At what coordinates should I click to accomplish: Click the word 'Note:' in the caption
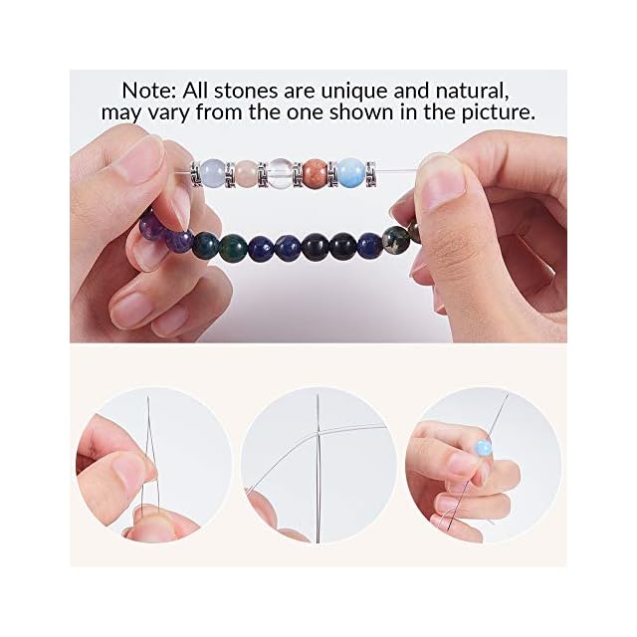tap(148, 91)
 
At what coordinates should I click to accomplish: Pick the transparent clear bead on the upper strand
tap(280, 172)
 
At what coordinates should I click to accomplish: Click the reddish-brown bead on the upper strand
tap(315, 172)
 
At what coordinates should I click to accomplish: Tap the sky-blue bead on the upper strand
tap(351, 172)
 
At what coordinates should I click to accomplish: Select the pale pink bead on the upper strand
tap(246, 173)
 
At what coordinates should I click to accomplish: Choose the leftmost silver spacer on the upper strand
tap(195, 174)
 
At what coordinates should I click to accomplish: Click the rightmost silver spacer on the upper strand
tap(370, 175)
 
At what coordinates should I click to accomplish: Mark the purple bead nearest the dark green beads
tap(178, 242)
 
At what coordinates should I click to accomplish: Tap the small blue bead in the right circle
tap(484, 448)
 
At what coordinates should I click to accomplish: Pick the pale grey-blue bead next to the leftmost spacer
tap(213, 173)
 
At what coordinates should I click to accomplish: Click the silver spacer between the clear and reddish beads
tap(298, 174)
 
